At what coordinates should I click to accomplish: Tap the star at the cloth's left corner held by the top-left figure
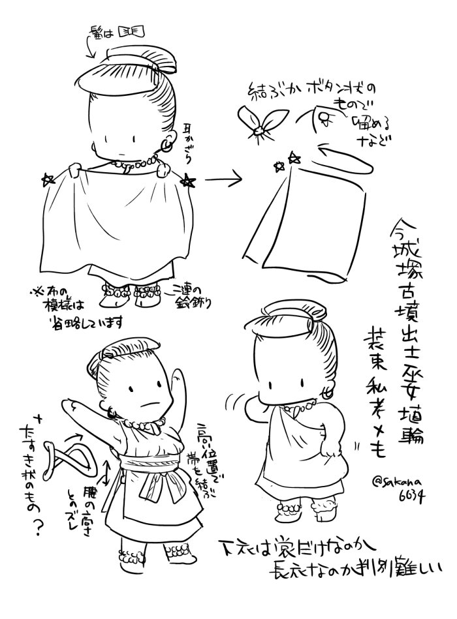click(48, 178)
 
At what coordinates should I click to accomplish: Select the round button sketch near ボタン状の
click(324, 118)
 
